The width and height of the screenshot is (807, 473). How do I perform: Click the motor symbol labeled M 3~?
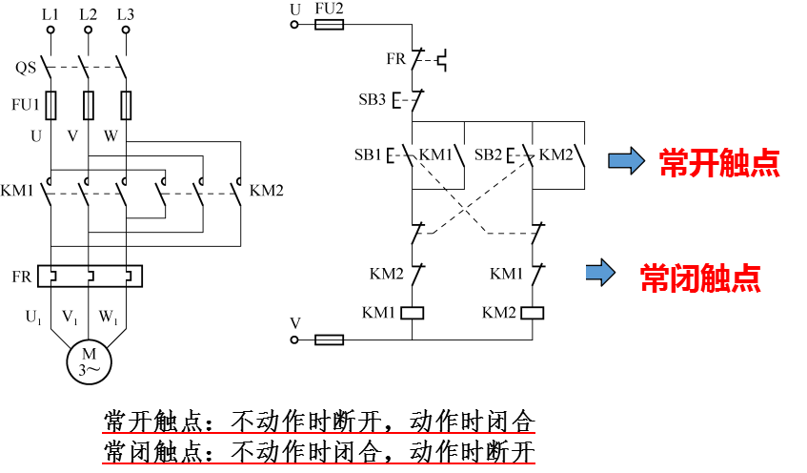point(88,360)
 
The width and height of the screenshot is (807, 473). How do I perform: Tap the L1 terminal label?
point(50,14)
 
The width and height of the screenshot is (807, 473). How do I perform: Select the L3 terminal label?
point(125,14)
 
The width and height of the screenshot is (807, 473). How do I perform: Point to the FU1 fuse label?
point(25,103)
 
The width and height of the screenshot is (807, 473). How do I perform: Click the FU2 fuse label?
point(329,10)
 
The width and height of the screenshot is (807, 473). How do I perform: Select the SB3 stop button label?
point(373,99)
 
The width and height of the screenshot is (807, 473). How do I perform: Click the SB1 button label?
point(368,154)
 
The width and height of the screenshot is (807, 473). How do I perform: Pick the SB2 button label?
point(488,154)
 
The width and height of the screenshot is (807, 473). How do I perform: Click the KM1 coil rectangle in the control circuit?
point(413,312)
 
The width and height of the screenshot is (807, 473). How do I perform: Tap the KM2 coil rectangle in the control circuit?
point(533,312)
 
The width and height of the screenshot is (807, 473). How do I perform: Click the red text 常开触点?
point(719,163)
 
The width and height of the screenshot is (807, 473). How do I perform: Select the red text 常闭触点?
point(700,278)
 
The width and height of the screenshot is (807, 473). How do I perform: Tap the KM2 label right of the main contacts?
point(267,191)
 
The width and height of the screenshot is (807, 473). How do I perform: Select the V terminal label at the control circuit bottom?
point(295,323)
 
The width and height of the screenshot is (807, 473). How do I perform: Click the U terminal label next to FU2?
point(295,10)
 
